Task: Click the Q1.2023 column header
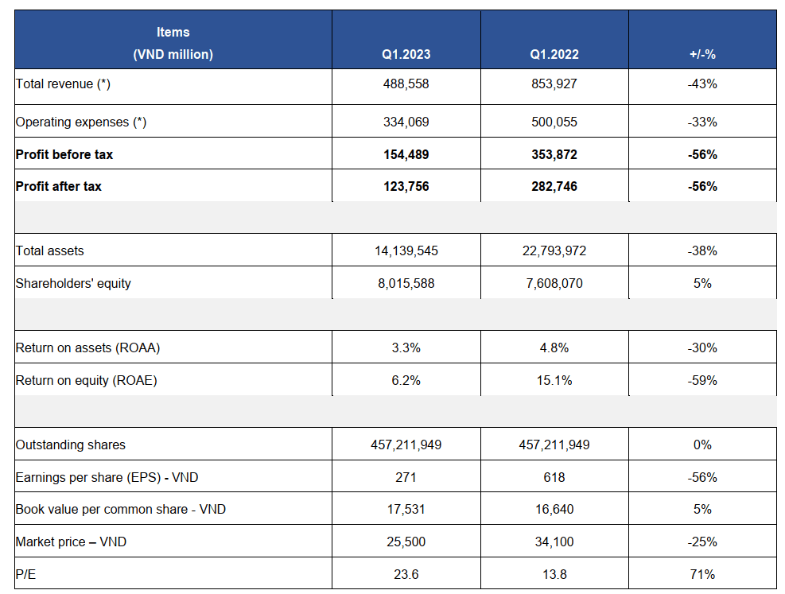[x=406, y=55]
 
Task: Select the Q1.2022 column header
[x=554, y=55]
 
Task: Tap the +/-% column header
[x=702, y=55]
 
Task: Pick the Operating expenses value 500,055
[x=554, y=122]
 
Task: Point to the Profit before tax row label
[x=64, y=154]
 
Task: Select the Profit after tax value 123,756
[x=406, y=186]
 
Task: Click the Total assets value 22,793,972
[x=554, y=250]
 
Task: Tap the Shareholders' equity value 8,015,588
[x=406, y=283]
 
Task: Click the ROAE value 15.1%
[x=554, y=380]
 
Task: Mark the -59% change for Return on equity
[x=702, y=380]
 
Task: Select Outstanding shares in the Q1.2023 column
[x=406, y=445]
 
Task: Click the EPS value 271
[x=406, y=477]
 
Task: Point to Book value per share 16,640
[x=554, y=509]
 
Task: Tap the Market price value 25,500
[x=406, y=542]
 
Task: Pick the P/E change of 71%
[x=702, y=574]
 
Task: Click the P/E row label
[x=25, y=574]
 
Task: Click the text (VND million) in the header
[x=173, y=55]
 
